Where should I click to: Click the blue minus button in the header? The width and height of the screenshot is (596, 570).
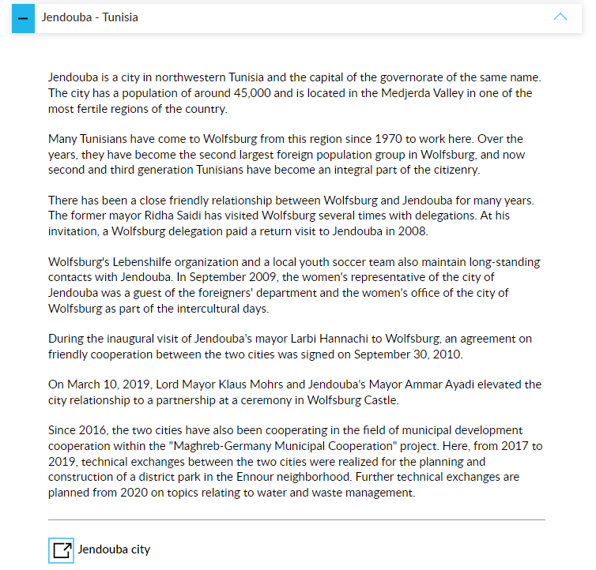(x=23, y=17)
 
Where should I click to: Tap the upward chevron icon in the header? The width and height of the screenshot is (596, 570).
(x=560, y=17)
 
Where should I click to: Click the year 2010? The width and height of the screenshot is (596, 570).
(x=447, y=354)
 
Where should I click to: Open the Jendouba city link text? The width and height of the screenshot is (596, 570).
(x=114, y=549)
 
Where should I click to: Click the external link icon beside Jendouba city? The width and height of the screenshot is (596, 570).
(x=61, y=549)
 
